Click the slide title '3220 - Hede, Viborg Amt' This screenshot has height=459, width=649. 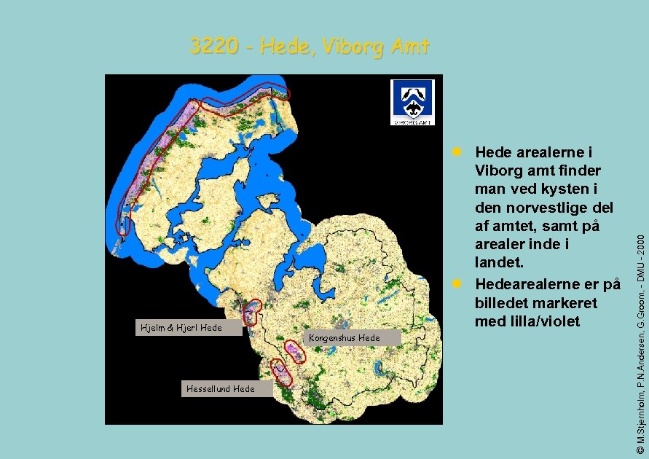tap(310, 47)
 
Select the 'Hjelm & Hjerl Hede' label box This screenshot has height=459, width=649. tap(181, 327)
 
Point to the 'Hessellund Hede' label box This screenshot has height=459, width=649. tap(220, 388)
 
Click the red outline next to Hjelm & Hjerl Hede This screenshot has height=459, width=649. tap(252, 313)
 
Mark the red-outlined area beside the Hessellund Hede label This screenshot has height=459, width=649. tap(281, 372)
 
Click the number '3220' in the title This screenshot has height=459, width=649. tap(214, 47)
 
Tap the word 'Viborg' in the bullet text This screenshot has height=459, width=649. tap(497, 170)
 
